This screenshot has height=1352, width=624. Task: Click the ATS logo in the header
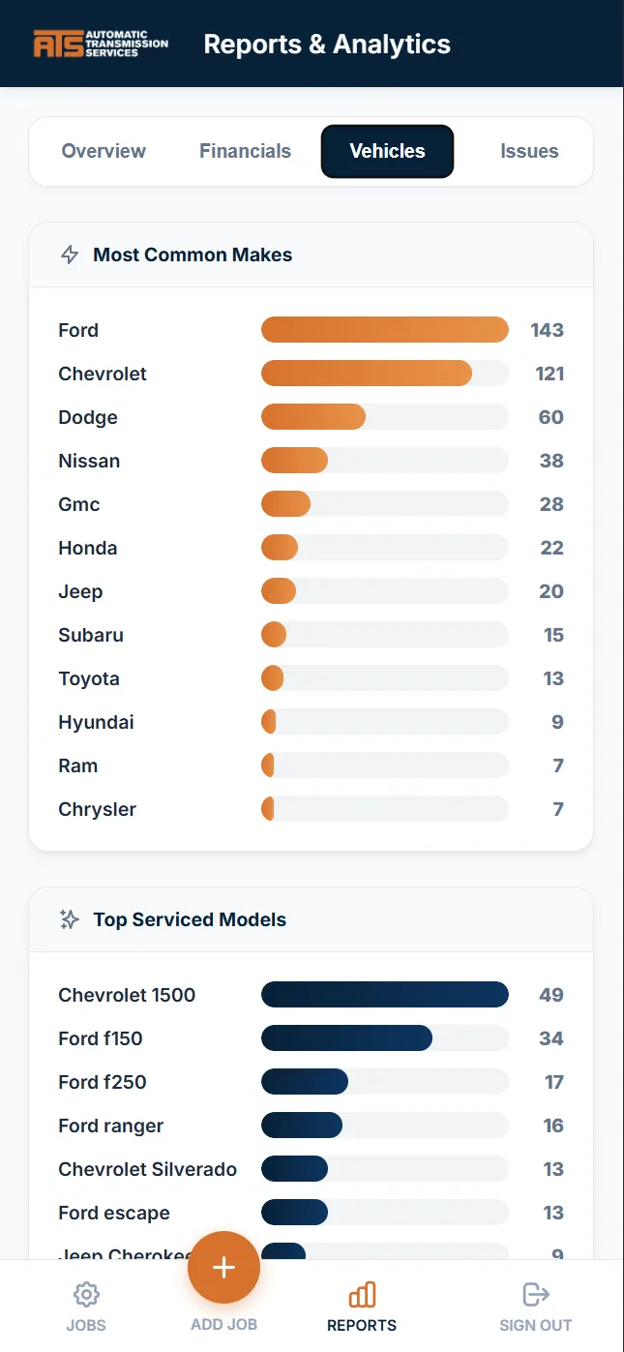pyautogui.click(x=101, y=44)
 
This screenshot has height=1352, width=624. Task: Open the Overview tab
pyautogui.click(x=104, y=151)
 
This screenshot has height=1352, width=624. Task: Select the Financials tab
pyautogui.click(x=245, y=151)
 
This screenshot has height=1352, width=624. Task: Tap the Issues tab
pyautogui.click(x=529, y=151)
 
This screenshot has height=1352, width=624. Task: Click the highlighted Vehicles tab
pyautogui.click(x=387, y=151)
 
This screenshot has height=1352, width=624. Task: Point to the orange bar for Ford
pyautogui.click(x=384, y=330)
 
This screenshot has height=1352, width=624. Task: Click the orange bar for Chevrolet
pyautogui.click(x=366, y=374)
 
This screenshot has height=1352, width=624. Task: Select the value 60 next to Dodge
pyautogui.click(x=550, y=417)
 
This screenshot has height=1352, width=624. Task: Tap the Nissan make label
pyautogui.click(x=89, y=461)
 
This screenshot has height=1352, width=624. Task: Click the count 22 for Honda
pyautogui.click(x=551, y=548)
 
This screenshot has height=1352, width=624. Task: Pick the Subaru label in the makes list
pyautogui.click(x=91, y=635)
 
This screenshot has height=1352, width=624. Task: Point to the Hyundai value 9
pyautogui.click(x=557, y=722)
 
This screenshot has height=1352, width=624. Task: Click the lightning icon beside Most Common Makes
pyautogui.click(x=70, y=255)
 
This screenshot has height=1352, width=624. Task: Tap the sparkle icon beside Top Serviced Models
pyautogui.click(x=70, y=919)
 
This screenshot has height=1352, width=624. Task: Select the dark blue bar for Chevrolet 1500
pyautogui.click(x=384, y=995)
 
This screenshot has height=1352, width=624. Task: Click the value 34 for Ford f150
pyautogui.click(x=550, y=1038)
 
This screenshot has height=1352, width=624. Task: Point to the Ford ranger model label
pyautogui.click(x=111, y=1126)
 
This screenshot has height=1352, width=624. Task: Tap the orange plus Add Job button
pyautogui.click(x=223, y=1268)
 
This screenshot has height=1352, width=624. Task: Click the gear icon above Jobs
pyautogui.click(x=86, y=1294)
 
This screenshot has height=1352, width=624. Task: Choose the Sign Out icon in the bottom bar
pyautogui.click(x=535, y=1294)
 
